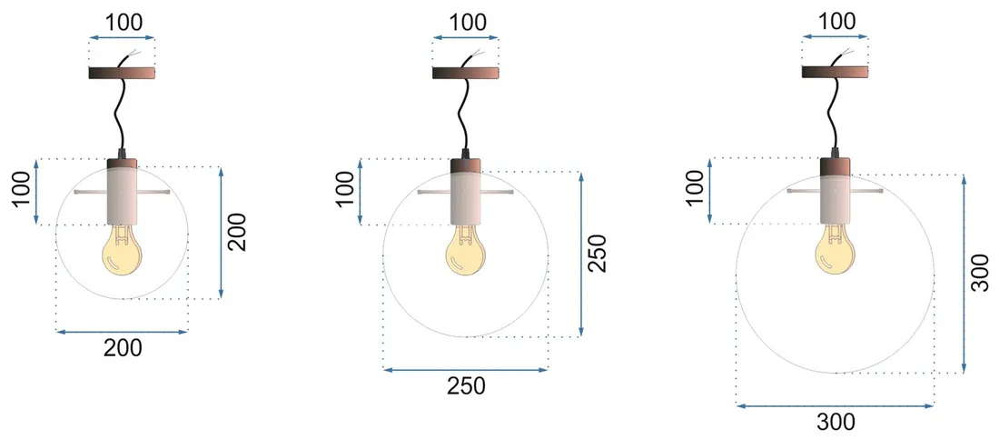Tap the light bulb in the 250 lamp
click(x=466, y=252)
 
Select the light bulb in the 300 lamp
click(x=834, y=252)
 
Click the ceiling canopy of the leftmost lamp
click(x=122, y=73)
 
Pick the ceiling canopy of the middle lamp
click(x=466, y=73)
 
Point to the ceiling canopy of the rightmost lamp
click(x=834, y=73)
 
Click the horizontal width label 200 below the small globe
click(x=123, y=347)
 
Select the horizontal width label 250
click(x=466, y=385)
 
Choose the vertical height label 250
click(x=598, y=254)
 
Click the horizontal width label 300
click(x=835, y=421)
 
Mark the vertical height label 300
click(x=980, y=273)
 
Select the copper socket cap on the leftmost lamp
click(x=121, y=165)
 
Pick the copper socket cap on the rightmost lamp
click(x=835, y=166)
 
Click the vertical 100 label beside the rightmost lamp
click(x=694, y=192)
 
